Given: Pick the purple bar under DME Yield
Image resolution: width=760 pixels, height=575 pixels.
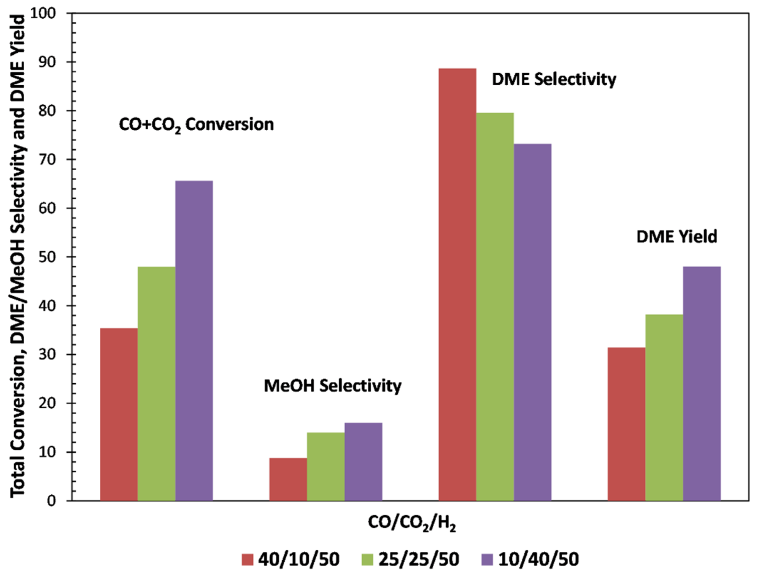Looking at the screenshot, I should [x=702, y=383].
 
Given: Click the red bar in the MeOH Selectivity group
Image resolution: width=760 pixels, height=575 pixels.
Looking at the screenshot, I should [x=288, y=479].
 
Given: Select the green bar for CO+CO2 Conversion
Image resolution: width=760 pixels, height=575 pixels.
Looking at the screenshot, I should [x=156, y=384].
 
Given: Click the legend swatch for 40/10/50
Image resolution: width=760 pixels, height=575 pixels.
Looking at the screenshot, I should [x=247, y=560].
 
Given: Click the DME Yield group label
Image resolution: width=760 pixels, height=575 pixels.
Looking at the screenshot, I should [x=677, y=237].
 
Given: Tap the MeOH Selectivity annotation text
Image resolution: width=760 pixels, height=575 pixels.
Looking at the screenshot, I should [x=332, y=386].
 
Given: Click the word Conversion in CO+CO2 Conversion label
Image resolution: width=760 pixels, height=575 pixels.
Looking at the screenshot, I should [x=229, y=124].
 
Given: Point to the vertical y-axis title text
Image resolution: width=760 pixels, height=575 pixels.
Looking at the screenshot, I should [x=18, y=256].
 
